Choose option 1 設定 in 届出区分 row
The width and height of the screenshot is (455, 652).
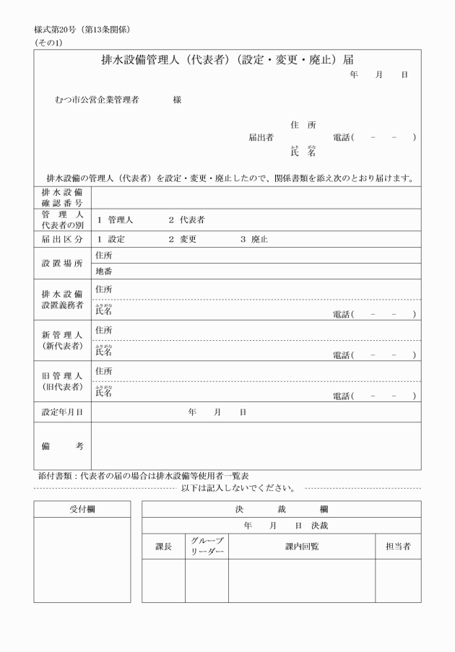[111, 239]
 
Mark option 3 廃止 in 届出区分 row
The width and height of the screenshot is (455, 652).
[254, 239]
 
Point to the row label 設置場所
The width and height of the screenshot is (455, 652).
[62, 264]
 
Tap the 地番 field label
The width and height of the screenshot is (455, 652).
[103, 272]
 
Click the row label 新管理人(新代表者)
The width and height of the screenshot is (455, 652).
[62, 340]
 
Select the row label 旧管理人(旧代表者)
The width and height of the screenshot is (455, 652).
[62, 381]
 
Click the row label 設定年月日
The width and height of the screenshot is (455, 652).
[62, 412]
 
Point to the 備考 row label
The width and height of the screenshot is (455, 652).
[62, 446]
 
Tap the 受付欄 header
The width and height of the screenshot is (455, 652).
[82, 509]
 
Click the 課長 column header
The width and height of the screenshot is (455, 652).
[164, 547]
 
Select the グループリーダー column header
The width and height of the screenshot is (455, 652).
[207, 547]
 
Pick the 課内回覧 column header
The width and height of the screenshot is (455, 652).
[301, 547]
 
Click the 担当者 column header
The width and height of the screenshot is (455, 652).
[398, 547]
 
